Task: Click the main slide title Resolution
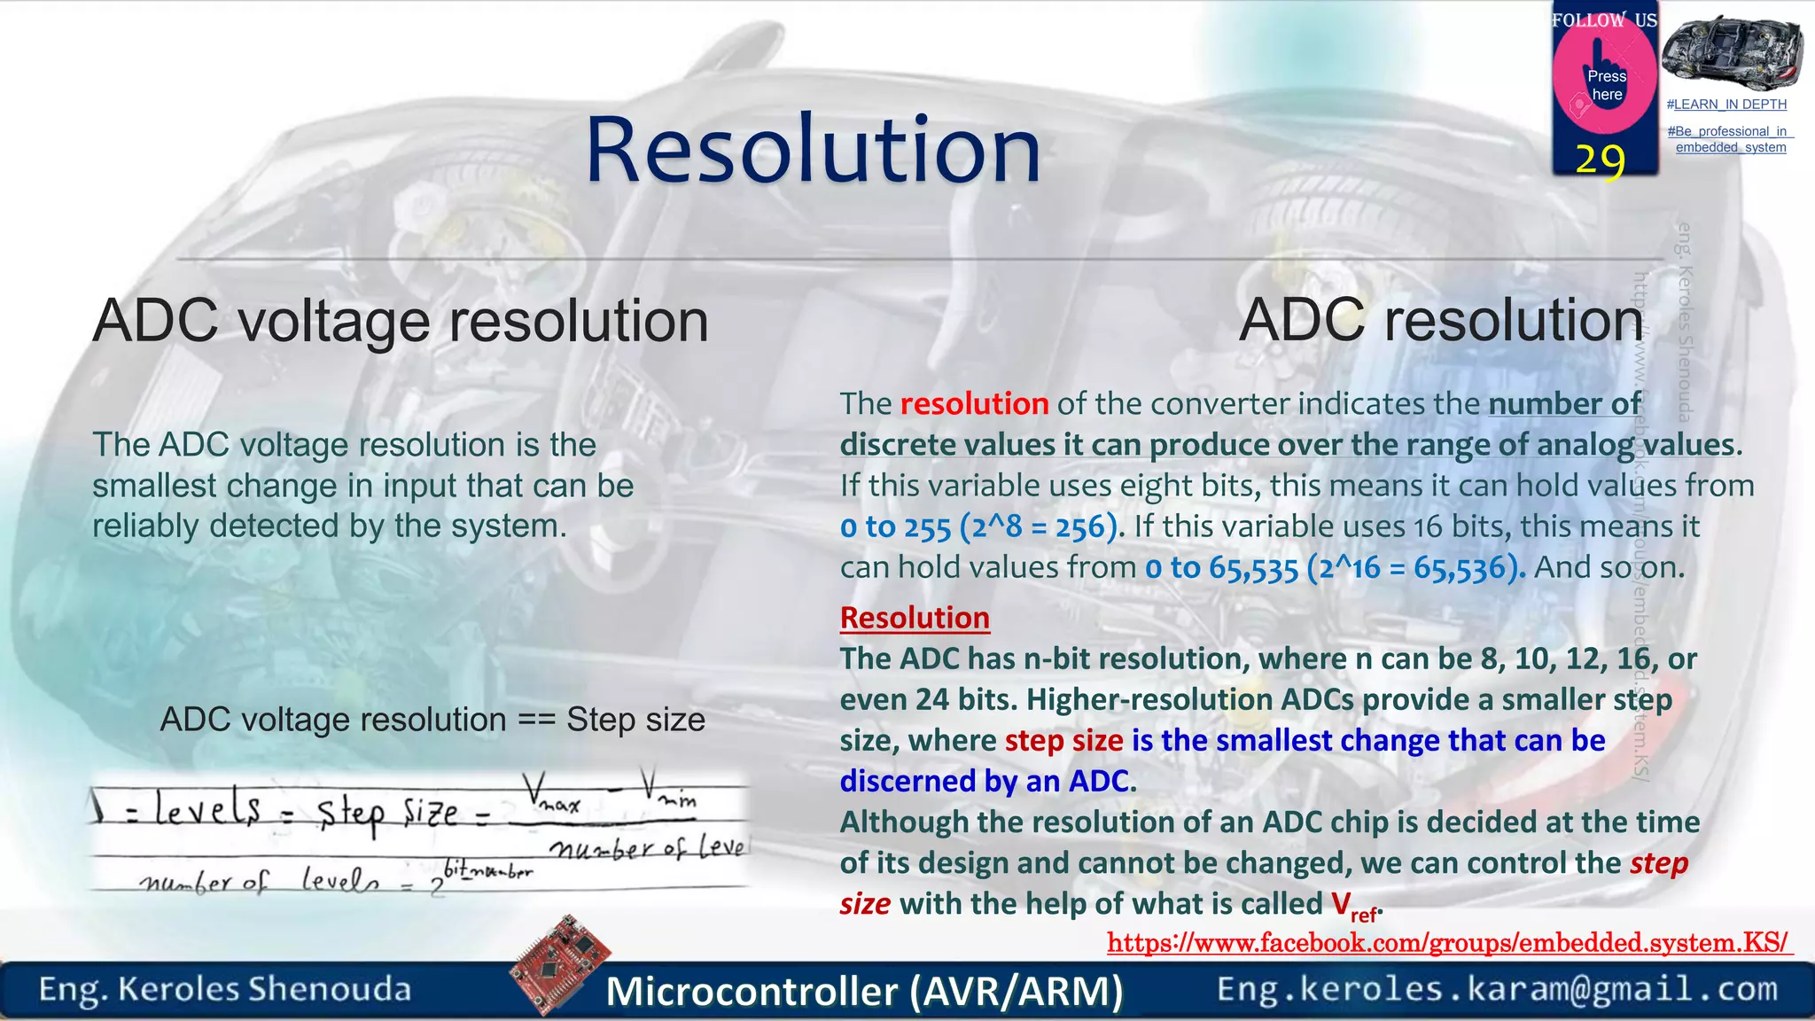click(813, 151)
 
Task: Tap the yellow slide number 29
click(1601, 160)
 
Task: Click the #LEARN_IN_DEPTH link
click(1726, 105)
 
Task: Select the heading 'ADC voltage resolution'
click(401, 321)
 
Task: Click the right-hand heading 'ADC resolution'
click(1441, 321)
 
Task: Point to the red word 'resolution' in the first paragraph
click(974, 404)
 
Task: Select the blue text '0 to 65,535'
click(1221, 568)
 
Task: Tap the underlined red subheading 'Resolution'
click(915, 618)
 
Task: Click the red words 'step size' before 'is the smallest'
click(1063, 740)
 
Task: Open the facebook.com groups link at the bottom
click(1447, 943)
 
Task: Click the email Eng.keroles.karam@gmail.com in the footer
click(1497, 989)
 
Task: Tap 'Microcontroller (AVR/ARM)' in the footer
click(864, 991)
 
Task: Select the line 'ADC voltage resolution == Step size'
click(432, 720)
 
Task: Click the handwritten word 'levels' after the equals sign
click(208, 809)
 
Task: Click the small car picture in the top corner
click(1732, 51)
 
